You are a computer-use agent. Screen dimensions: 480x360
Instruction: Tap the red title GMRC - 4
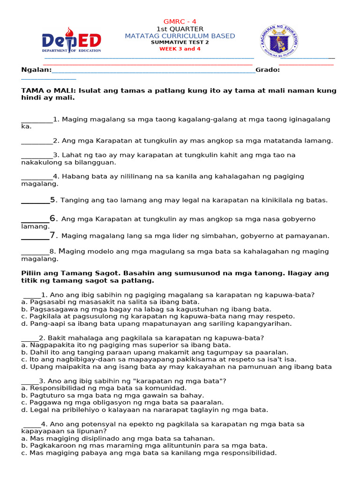pos(180,22)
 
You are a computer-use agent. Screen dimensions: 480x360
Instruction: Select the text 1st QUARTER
pos(180,29)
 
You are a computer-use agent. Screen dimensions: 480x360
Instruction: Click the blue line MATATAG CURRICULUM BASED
pos(180,36)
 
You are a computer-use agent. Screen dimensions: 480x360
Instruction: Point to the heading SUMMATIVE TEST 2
pos(180,42)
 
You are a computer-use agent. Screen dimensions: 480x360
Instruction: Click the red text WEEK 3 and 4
pos(180,48)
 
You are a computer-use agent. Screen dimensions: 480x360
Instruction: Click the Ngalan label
pos(36,70)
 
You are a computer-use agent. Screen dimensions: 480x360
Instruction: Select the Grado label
pos(268,70)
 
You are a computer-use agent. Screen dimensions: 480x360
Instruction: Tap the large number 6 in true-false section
pos(53,218)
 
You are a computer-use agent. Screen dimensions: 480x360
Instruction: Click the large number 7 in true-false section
pos(53,235)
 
